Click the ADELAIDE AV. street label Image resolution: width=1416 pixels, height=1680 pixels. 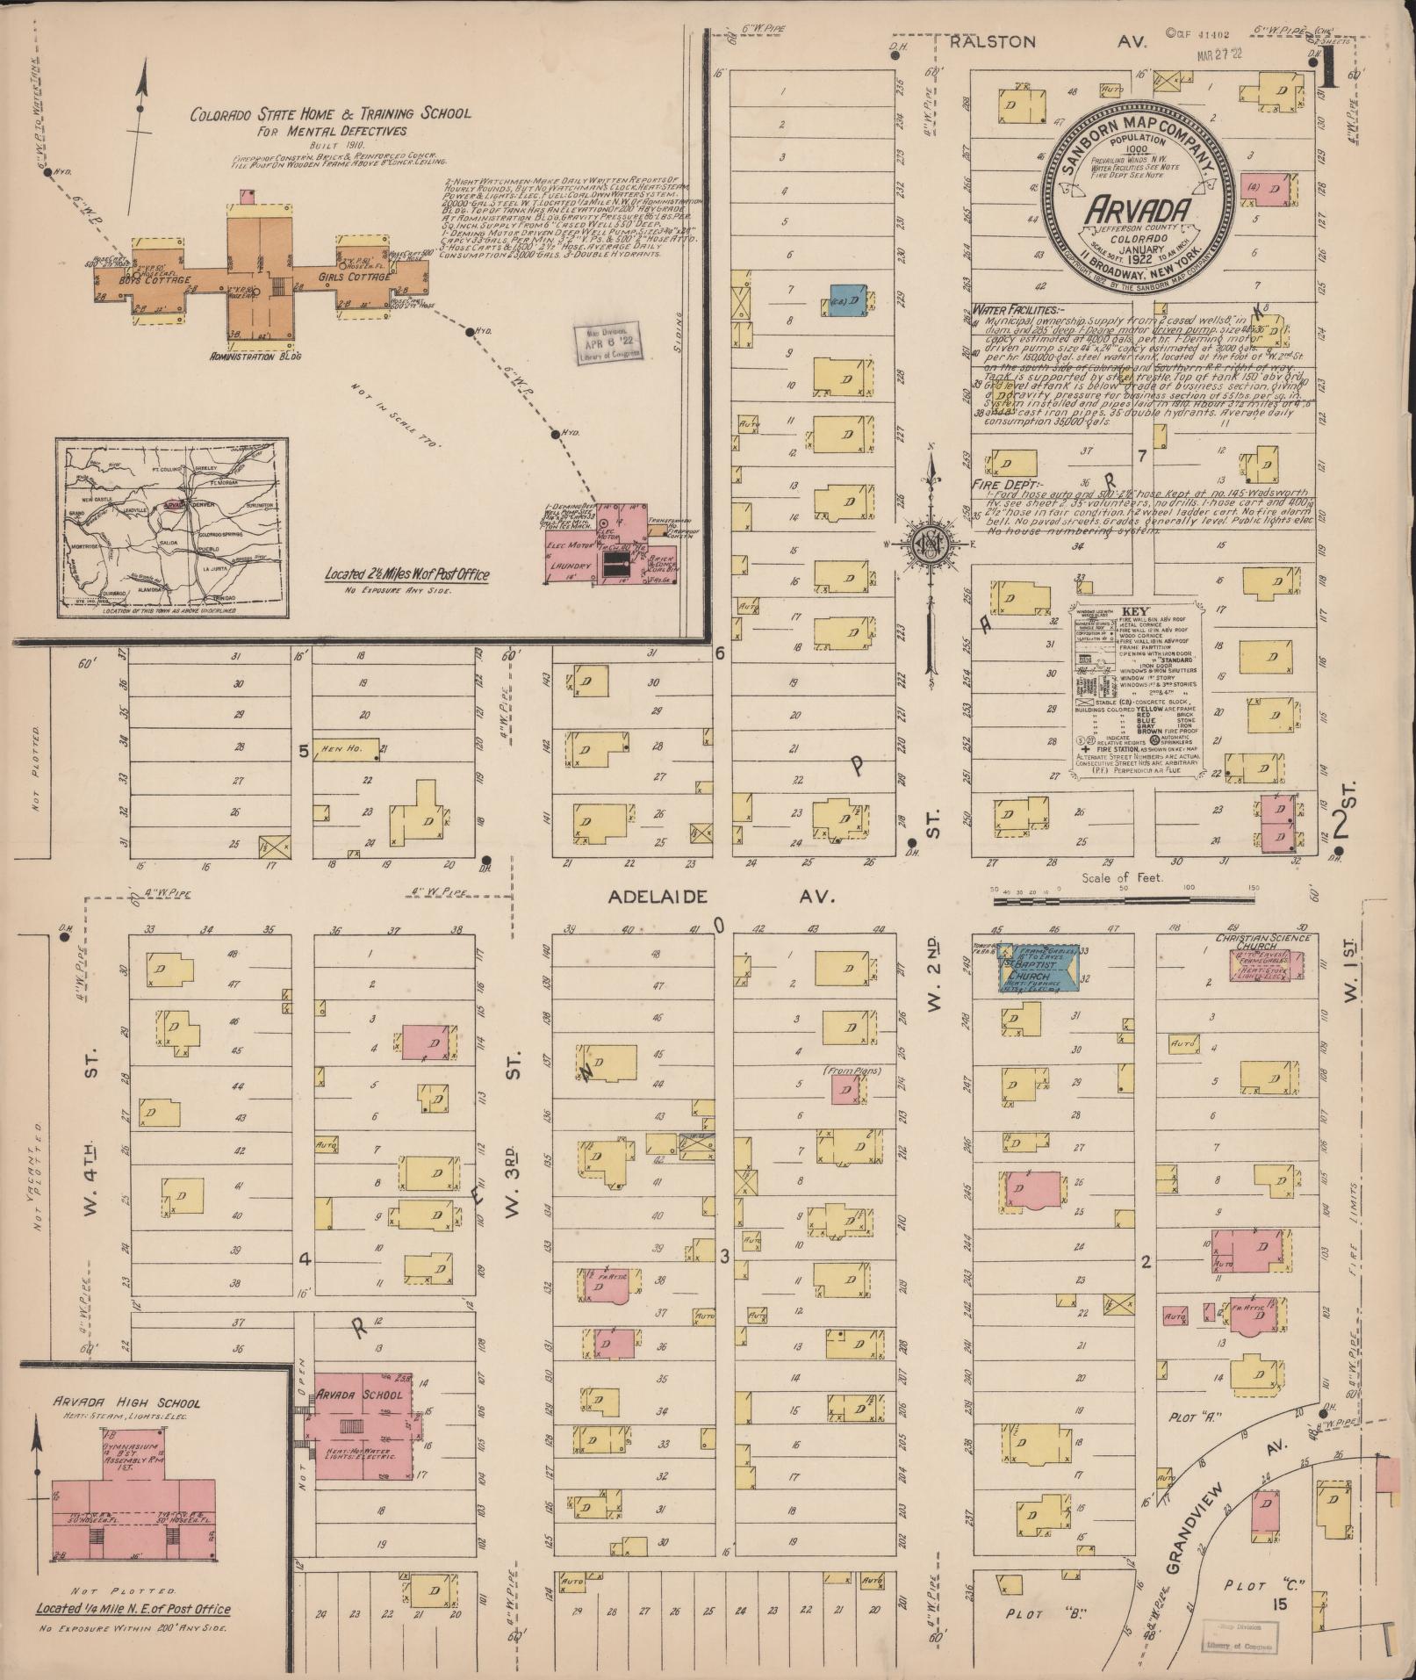719,897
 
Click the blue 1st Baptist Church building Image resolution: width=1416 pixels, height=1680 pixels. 1041,967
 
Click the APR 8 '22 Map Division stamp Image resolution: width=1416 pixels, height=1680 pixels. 608,341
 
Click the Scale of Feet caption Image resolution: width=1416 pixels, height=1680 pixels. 1121,877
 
